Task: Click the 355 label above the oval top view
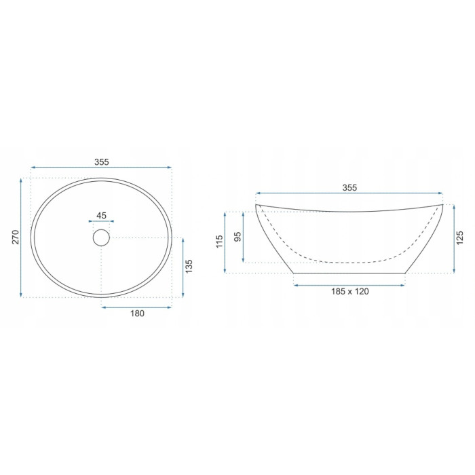tap(102, 162)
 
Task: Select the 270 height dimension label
tap(16, 237)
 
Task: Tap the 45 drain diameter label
tap(102, 215)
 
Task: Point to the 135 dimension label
tap(189, 266)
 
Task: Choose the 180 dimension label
tap(137, 313)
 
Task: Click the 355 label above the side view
tap(349, 188)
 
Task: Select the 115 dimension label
tap(219, 242)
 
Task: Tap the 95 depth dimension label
tap(238, 236)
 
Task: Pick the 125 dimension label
tap(460, 237)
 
